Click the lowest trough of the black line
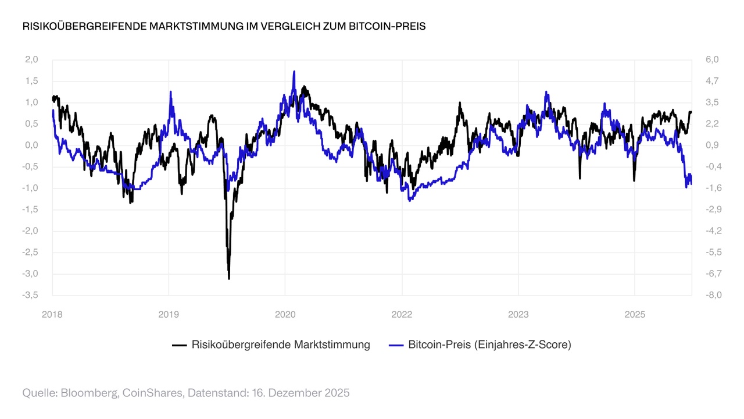[x=229, y=279]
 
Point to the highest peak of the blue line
[x=294, y=72]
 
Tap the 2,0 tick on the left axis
[x=31, y=59]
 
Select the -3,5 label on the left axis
[x=30, y=295]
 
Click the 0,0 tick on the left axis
[x=31, y=145]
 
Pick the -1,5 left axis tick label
[x=30, y=210]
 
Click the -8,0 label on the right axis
[x=712, y=295]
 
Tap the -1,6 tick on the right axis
[x=712, y=188]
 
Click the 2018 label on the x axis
[x=52, y=314]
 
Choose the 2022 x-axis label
[x=402, y=314]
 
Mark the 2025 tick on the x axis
[x=635, y=314]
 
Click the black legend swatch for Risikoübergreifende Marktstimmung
[x=179, y=345]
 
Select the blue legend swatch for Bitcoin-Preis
[x=396, y=345]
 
